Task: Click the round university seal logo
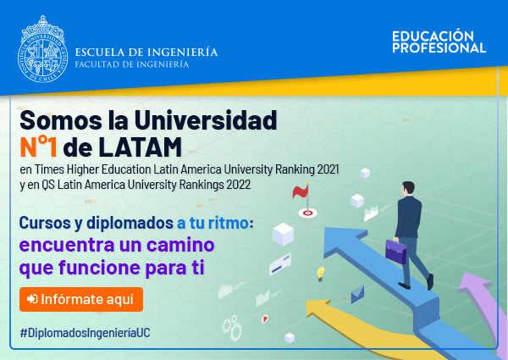pyautogui.click(x=43, y=49)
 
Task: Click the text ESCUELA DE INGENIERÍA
pyautogui.click(x=146, y=53)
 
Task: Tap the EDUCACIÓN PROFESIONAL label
pyautogui.click(x=439, y=42)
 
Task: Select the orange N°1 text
pyautogui.click(x=38, y=147)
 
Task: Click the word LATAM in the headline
pyautogui.click(x=140, y=147)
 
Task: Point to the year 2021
pyautogui.click(x=328, y=169)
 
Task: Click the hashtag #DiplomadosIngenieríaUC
pyautogui.click(x=85, y=333)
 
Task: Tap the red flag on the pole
pyautogui.click(x=301, y=191)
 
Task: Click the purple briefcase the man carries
pyautogui.click(x=396, y=251)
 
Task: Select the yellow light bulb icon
pyautogui.click(x=320, y=274)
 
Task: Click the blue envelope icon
pyautogui.click(x=357, y=294)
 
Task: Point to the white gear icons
pyautogui.click(x=232, y=328)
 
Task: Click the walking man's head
pyautogui.click(x=408, y=188)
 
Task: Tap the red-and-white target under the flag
pyautogui.click(x=307, y=213)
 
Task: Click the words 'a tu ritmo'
pyautogui.click(x=213, y=223)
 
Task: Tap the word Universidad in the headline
pyautogui.click(x=206, y=120)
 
